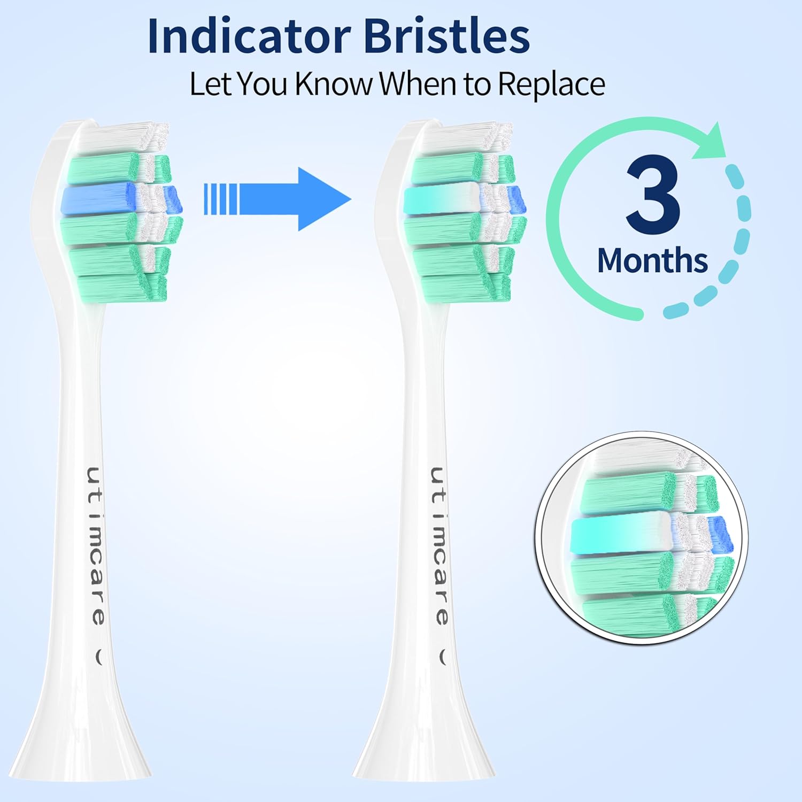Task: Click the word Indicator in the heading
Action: [249, 36]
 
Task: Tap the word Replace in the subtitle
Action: [551, 84]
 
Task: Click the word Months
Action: [652, 260]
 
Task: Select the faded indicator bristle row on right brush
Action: [441, 199]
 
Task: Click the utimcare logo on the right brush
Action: [439, 545]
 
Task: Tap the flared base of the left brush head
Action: [80, 749]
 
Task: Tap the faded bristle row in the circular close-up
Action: [620, 535]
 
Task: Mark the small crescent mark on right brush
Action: [443, 657]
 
